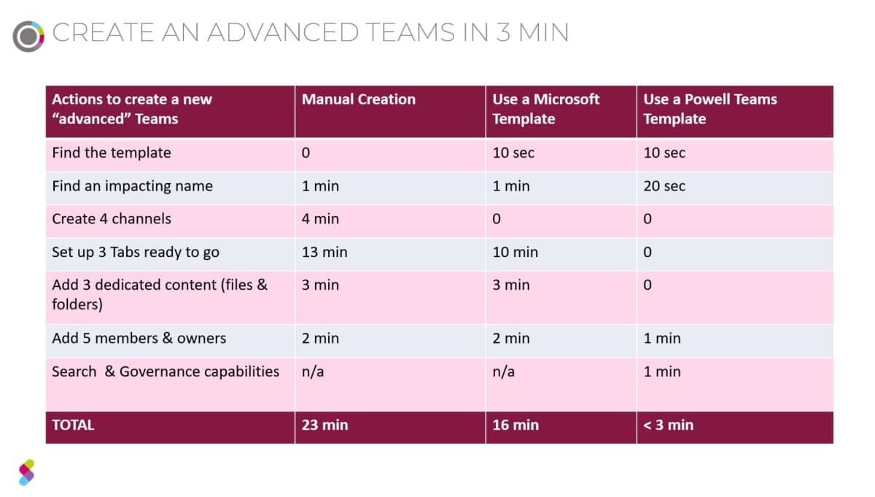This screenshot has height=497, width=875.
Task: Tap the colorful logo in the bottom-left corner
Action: [x=26, y=472]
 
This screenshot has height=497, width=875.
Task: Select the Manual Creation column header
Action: [x=359, y=100]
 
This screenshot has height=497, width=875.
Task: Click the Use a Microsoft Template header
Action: [x=546, y=109]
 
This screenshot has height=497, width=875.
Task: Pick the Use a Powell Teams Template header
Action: [x=709, y=109]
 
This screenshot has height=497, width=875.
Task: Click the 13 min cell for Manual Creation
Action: [x=324, y=253]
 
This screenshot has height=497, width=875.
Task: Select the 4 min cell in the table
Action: [x=320, y=219]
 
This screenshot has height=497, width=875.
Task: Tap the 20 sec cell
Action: [x=664, y=186]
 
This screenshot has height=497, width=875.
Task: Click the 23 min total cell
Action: [x=324, y=425]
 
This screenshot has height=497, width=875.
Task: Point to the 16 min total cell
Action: [x=515, y=425]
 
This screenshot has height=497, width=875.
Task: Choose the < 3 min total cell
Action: [x=668, y=425]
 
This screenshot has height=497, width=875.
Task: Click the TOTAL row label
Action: [x=73, y=425]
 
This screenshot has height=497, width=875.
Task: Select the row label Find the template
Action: [x=112, y=153]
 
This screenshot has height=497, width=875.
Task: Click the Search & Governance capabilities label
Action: [x=166, y=371]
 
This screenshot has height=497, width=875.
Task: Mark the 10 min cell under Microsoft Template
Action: [x=515, y=253]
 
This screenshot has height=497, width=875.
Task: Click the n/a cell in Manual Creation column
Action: [x=313, y=371]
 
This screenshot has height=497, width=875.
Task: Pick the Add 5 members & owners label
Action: [x=139, y=339]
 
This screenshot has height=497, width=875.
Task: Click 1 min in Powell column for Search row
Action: [x=661, y=371]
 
